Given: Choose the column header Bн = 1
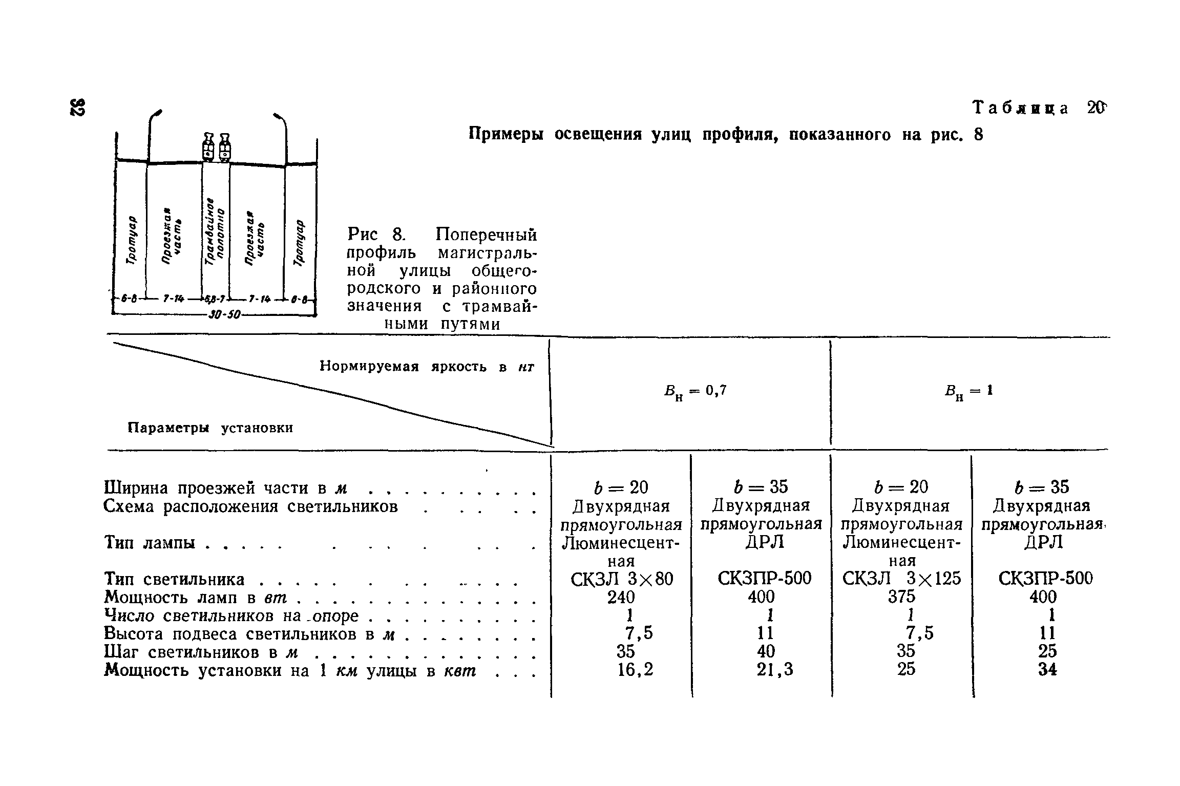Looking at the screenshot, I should pos(968,392).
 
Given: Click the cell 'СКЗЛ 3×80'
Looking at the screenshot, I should pos(621,579).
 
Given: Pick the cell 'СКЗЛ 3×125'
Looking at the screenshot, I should pos(902,579).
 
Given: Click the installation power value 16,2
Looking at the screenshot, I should pos(636,669).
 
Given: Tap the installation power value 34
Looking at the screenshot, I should pos(1047,669).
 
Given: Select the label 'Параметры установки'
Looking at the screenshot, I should pos(210,428).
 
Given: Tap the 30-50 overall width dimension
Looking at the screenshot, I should pos(224,313).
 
